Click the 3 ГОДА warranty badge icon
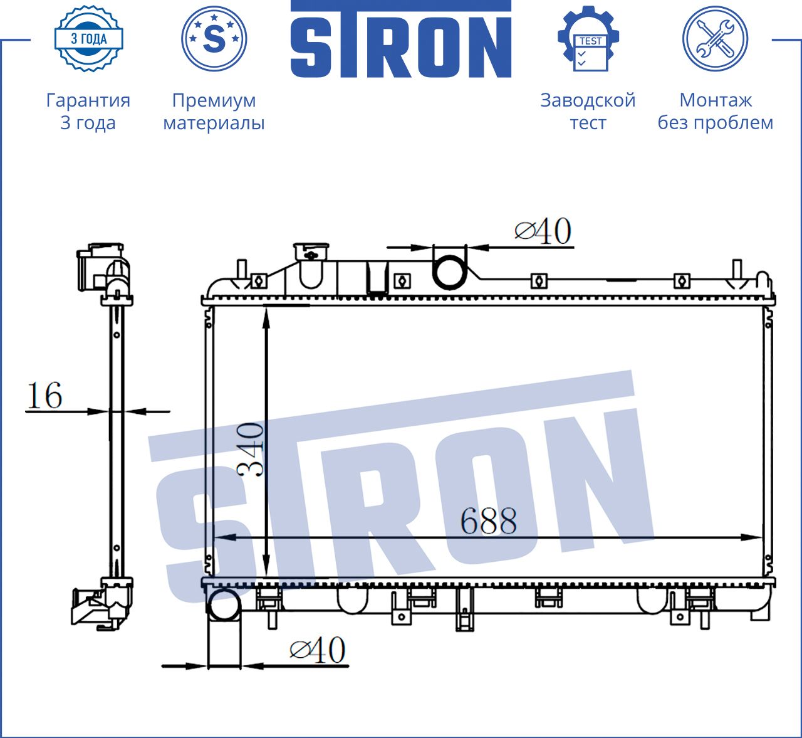89,39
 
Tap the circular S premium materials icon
214,39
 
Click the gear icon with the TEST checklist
588,39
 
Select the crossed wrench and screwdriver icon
716,39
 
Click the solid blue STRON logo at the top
401,39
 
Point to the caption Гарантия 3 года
88,111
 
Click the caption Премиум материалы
214,111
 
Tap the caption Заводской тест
588,111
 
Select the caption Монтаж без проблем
716,111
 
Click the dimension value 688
489,521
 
